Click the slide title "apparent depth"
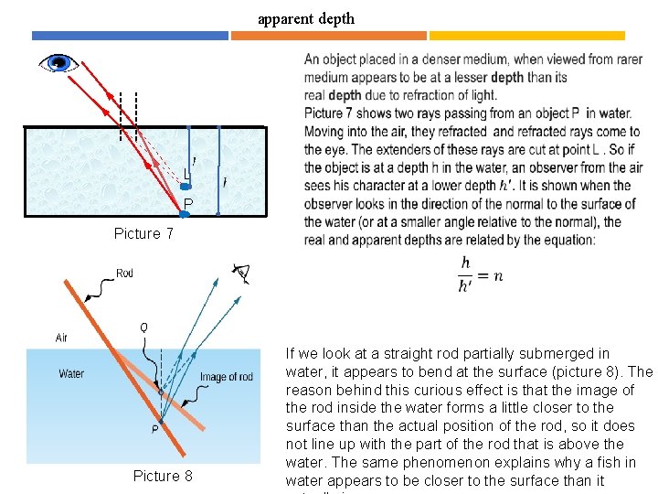305,18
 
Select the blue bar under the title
130,36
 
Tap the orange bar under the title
328,36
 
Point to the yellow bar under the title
526,36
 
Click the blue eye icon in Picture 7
58,63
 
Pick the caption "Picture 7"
143,233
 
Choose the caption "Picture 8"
163,476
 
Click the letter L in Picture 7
186,174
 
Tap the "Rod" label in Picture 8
124,273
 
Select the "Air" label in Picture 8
61,338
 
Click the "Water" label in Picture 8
71,373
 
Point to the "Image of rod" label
226,377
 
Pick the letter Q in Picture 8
143,327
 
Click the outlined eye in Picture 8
241,271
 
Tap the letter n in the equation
497,275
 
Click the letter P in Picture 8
154,427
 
